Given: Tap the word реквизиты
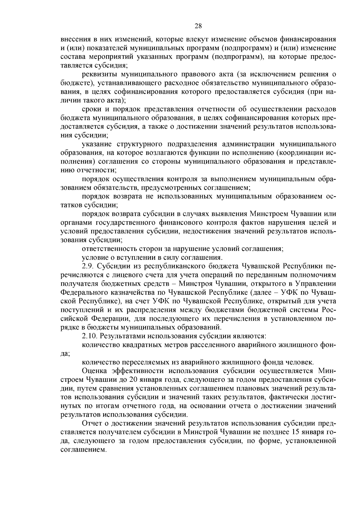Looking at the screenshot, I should tap(99, 74).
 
